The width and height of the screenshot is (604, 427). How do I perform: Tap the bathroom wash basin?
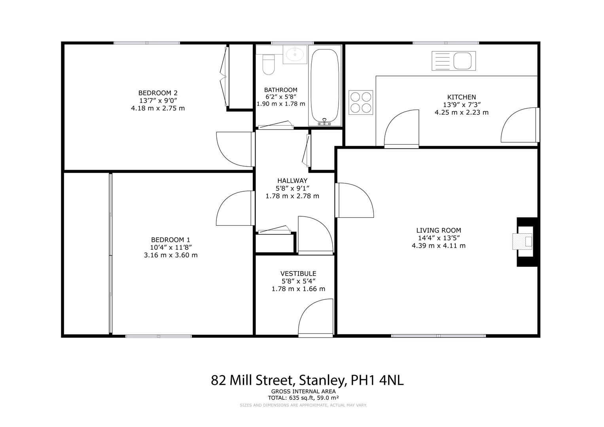295,55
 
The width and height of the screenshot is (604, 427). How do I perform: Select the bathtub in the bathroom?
324,86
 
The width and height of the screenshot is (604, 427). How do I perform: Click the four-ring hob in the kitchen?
361,102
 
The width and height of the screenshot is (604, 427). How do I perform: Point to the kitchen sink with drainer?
453,61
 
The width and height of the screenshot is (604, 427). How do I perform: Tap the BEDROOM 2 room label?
158,93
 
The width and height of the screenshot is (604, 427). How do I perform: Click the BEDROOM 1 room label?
170,240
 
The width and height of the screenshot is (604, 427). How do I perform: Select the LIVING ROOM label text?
438,230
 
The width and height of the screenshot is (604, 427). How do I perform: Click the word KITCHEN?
461,97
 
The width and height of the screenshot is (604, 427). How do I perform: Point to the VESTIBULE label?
298,273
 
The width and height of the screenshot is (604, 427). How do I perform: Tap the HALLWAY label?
292,181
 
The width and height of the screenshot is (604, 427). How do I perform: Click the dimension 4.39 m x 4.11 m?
438,246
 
